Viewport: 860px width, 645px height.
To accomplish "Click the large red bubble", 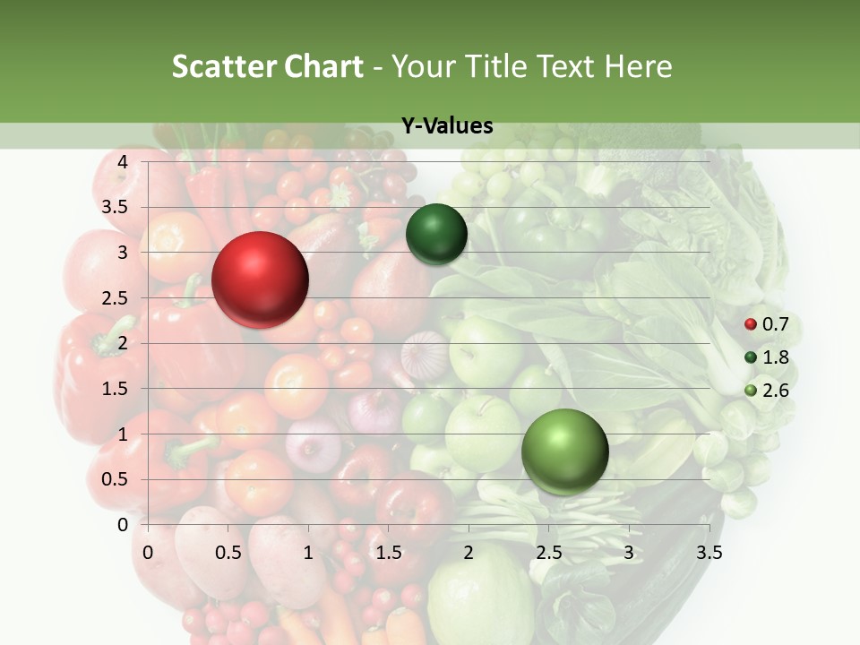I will point(260,279).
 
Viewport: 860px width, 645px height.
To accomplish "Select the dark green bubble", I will point(436,234).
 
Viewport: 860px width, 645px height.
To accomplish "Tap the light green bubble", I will point(564,451).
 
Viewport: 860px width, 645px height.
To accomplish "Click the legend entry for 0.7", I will point(767,324).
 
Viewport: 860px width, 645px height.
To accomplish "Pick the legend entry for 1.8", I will point(767,357).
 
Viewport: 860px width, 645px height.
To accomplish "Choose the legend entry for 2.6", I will point(767,390).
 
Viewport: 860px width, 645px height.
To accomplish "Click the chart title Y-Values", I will point(446,126).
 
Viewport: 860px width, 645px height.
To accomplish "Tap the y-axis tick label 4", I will point(123,161).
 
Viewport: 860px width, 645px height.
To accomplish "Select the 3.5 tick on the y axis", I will point(116,207).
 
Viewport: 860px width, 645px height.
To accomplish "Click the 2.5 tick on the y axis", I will point(116,297).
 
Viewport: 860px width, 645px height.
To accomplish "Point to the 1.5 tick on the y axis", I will point(116,389).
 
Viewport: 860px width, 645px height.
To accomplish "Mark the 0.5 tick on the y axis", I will point(116,479).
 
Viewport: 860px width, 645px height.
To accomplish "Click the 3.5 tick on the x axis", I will point(709,552).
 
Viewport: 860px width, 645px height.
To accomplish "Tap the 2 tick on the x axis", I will point(468,552).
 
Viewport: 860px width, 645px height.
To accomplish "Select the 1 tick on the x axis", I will point(308,552).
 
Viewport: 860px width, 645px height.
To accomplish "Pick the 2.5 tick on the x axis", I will point(548,552).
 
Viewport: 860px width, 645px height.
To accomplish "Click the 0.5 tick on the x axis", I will point(228,552).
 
